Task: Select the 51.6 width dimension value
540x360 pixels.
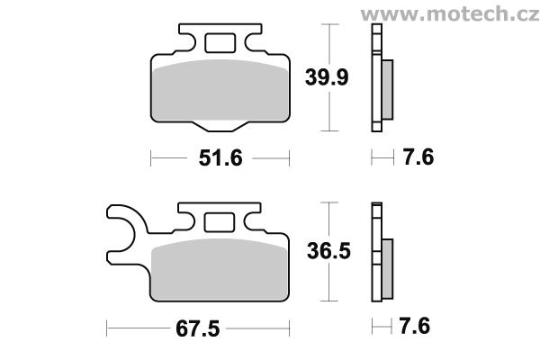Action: pyautogui.click(x=219, y=159)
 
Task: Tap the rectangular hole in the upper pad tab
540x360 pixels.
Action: pyautogui.click(x=219, y=43)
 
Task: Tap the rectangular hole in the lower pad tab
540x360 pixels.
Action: pyautogui.click(x=219, y=221)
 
